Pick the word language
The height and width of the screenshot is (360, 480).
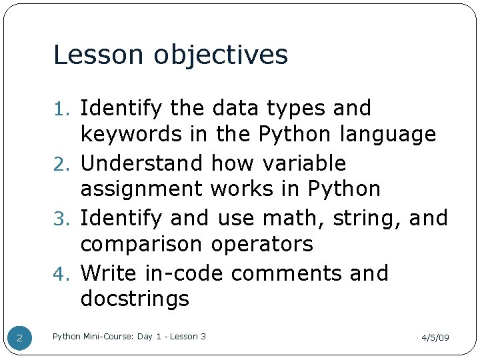tap(388, 135)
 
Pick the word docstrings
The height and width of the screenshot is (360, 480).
tap(135, 300)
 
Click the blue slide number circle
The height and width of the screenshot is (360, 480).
tap(20, 339)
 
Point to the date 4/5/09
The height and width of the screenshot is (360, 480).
tap(435, 338)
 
